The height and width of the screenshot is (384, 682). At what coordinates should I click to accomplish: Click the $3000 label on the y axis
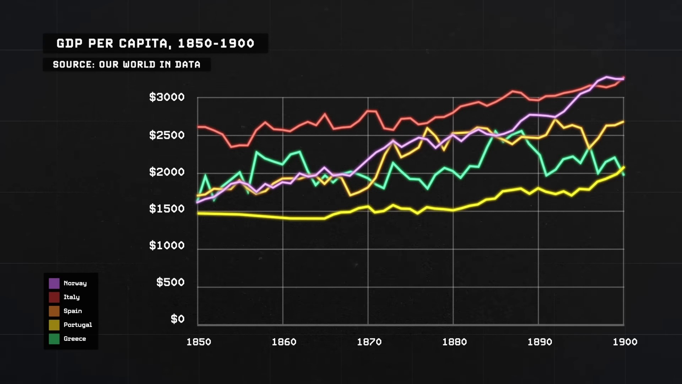(167, 97)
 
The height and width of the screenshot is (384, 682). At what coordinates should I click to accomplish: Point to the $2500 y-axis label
(167, 135)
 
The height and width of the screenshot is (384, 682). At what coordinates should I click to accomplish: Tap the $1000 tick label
(167, 245)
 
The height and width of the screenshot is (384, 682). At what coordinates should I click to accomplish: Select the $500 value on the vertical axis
(170, 282)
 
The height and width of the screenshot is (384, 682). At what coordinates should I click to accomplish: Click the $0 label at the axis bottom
(177, 319)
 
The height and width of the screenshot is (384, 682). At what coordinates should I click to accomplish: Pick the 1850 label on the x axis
(199, 342)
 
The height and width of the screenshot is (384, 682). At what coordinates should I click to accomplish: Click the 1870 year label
(369, 342)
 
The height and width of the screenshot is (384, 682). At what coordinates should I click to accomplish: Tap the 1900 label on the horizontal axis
(625, 342)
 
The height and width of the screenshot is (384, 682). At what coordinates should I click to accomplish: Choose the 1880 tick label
(454, 342)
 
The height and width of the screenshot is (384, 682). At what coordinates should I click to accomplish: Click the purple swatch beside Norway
(54, 283)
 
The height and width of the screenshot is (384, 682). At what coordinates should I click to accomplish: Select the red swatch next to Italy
(54, 297)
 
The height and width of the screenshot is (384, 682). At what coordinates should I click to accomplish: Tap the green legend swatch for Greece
(54, 339)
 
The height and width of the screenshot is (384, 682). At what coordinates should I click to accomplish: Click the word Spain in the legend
(72, 311)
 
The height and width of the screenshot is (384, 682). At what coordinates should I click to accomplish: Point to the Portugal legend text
(77, 325)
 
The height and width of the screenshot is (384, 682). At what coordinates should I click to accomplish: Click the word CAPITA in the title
(143, 43)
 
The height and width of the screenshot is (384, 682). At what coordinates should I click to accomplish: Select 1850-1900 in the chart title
(216, 43)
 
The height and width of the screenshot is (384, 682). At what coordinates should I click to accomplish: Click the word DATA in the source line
(188, 65)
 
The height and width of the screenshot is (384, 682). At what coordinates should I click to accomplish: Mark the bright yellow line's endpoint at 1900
(624, 167)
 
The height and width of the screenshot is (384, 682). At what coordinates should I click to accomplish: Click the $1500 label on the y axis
(167, 209)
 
